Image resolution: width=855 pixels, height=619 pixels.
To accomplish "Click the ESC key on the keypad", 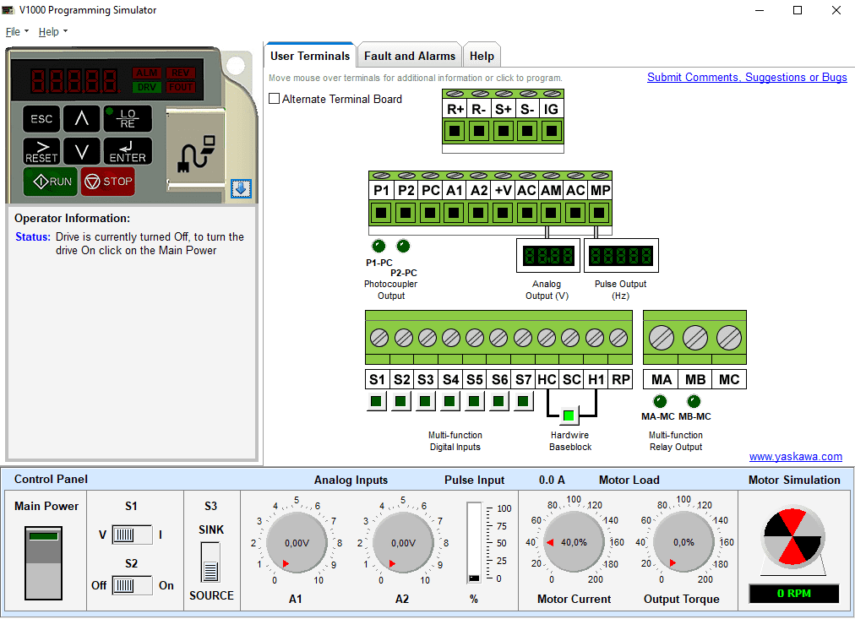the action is click(x=41, y=119).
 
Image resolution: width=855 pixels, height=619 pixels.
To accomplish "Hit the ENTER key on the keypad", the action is click(x=128, y=151).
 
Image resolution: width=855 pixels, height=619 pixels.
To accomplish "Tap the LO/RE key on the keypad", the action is click(x=128, y=119).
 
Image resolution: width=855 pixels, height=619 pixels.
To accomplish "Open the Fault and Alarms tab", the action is click(x=410, y=56).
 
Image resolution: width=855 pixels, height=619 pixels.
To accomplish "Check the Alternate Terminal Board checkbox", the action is click(x=275, y=99).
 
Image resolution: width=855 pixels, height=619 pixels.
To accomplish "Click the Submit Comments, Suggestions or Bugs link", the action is click(x=747, y=78).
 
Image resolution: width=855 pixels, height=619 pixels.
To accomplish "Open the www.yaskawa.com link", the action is click(x=796, y=457).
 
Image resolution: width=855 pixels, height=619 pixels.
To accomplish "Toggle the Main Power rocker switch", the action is click(x=43, y=563).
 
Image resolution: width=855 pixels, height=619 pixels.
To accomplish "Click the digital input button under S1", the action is click(x=376, y=402).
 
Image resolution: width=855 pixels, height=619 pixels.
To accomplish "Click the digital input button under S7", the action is click(x=523, y=402).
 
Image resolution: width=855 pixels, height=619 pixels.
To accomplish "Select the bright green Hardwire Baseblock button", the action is click(x=569, y=415).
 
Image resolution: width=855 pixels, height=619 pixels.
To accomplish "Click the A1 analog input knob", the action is click(x=297, y=543).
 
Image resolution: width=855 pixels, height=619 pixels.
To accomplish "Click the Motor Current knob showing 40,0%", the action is click(x=574, y=542).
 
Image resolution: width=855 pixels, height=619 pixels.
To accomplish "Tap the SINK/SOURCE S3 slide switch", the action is click(x=210, y=563).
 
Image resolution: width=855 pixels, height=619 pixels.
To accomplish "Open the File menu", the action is click(x=17, y=31).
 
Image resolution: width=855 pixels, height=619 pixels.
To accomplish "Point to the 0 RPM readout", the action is click(x=794, y=594).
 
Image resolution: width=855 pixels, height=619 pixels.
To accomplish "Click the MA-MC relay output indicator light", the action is click(x=660, y=402).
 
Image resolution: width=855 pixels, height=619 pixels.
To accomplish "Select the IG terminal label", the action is click(x=552, y=109).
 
